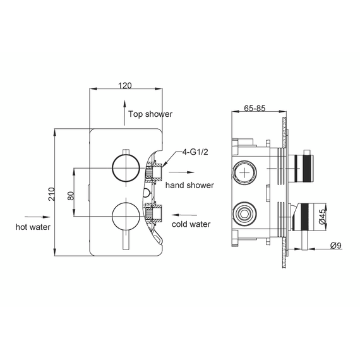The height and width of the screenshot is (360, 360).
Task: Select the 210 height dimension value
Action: (51, 193)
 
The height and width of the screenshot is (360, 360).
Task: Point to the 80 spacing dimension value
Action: (71, 193)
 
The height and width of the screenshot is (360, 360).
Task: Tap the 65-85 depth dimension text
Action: (255, 108)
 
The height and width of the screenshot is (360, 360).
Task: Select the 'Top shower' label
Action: (150, 114)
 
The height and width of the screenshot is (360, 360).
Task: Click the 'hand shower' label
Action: (189, 186)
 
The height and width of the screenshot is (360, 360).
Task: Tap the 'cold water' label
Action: (190, 224)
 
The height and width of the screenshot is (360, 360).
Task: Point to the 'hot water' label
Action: (33, 226)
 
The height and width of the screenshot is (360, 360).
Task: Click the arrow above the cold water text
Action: (182, 214)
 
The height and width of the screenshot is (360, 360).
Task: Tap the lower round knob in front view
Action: (123, 217)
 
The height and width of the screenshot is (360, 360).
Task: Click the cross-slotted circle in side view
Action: (244, 171)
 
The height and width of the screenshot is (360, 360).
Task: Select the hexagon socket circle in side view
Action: (244, 212)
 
